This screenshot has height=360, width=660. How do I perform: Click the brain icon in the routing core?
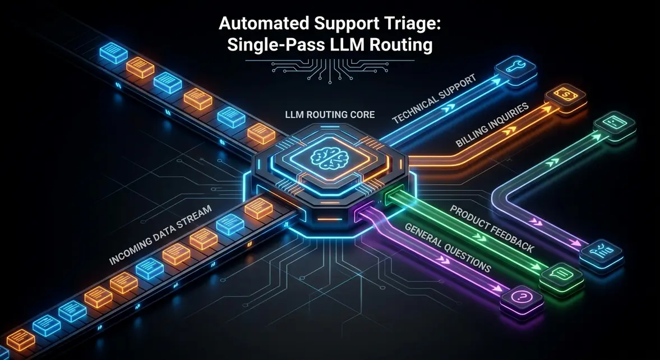330,159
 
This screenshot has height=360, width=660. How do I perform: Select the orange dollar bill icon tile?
565,98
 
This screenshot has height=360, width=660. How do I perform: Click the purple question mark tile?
521,299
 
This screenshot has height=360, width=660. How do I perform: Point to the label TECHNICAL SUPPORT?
434,99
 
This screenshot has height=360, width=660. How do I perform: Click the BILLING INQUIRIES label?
492,125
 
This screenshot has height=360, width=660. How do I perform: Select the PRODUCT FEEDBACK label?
492,229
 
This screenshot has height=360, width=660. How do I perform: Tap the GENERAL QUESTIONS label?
447,248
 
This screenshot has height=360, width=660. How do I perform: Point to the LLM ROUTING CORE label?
330,114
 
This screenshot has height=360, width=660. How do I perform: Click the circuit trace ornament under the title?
330,68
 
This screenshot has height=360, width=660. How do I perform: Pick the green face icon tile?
614,125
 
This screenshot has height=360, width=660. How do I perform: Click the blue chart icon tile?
602,253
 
